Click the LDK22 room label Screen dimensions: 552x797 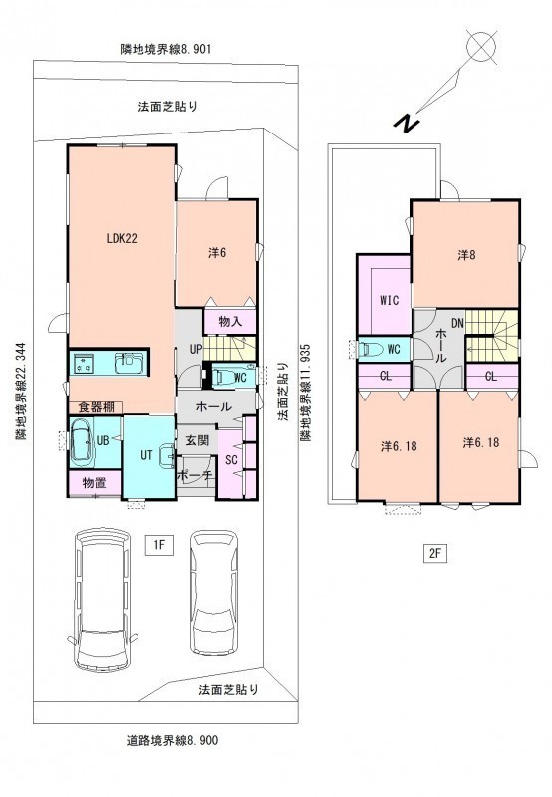(122, 238)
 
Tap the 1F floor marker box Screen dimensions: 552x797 (159, 545)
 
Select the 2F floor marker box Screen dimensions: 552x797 (434, 554)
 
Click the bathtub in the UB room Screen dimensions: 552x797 (82, 441)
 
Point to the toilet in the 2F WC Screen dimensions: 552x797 (370, 350)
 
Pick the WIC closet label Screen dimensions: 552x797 (389, 300)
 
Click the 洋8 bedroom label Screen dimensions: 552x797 (465, 255)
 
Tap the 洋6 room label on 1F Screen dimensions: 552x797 (216, 253)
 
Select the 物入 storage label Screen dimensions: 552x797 (230, 321)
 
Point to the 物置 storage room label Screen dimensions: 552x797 (94, 483)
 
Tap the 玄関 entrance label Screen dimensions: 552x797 (196, 439)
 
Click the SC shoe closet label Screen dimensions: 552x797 (231, 460)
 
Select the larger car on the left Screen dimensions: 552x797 (103, 600)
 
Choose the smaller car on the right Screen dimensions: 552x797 (214, 592)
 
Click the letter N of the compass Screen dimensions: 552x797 (407, 123)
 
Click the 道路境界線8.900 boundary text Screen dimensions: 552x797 (171, 740)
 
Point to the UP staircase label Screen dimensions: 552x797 (196, 350)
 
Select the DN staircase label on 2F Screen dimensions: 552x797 (457, 323)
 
